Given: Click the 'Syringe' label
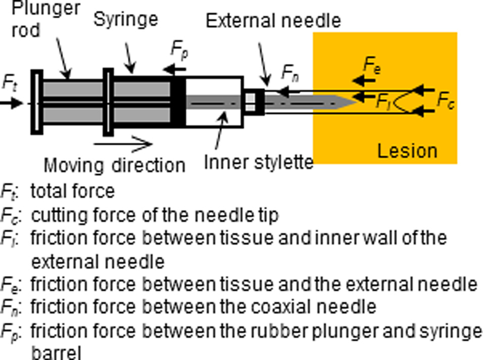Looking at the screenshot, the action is (x=126, y=20).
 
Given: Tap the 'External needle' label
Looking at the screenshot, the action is (x=273, y=21).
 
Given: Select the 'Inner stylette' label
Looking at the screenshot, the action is (x=259, y=162).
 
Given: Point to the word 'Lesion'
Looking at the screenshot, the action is (x=407, y=151).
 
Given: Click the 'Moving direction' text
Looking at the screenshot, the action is (x=115, y=165).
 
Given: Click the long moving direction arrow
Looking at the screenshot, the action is (x=123, y=144).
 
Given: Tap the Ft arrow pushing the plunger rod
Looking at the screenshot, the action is (x=12, y=103).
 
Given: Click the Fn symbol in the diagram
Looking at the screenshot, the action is (x=290, y=73).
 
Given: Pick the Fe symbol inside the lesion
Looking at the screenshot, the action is (x=372, y=66).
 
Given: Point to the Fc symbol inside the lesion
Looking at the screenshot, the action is (x=446, y=101).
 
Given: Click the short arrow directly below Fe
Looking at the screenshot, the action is (x=364, y=81).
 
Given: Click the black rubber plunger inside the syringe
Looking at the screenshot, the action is (x=178, y=102).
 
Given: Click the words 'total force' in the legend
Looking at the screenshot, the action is (x=73, y=191).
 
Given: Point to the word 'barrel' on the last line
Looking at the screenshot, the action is (x=57, y=353).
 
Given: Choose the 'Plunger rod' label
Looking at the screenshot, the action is (x=45, y=19).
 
